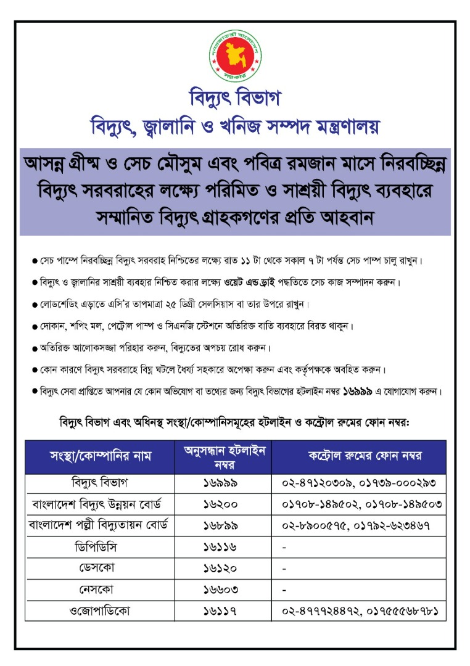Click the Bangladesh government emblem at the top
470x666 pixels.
234,56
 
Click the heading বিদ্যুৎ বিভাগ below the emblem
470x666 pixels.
234,99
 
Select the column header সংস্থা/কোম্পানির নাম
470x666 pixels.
100,457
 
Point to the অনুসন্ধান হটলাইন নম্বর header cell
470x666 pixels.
225,457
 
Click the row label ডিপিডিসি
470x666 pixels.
99,546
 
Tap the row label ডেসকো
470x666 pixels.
99,567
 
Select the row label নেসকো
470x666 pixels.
99,589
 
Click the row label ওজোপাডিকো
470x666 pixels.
99,610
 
